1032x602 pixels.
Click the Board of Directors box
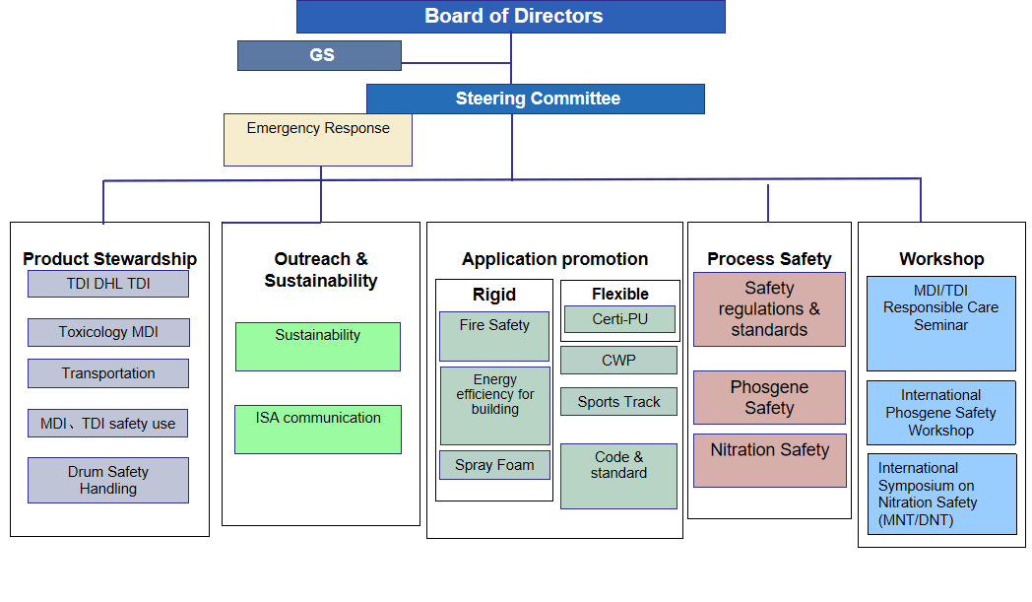pyautogui.click(x=511, y=17)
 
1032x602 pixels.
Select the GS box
pyautogui.click(x=319, y=55)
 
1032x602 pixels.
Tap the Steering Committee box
pyautogui.click(x=535, y=99)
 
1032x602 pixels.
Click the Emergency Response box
pyautogui.click(x=318, y=140)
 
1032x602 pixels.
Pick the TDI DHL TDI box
pyautogui.click(x=108, y=284)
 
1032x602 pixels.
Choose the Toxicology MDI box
pyautogui.click(x=108, y=333)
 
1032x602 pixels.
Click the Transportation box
pyautogui.click(x=108, y=373)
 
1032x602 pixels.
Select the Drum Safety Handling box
pyautogui.click(x=108, y=480)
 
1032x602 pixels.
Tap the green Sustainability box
pyautogui.click(x=318, y=347)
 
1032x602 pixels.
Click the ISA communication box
pyautogui.click(x=318, y=430)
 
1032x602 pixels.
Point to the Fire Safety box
pyautogui.click(x=494, y=336)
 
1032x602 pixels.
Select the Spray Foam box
pyautogui.click(x=494, y=465)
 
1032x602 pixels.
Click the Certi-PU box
pyautogui.click(x=620, y=319)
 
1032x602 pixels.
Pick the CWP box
pyautogui.click(x=618, y=361)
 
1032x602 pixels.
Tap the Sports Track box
pyautogui.click(x=618, y=402)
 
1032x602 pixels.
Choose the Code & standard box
pyautogui.click(x=618, y=476)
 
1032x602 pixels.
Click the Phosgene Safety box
pyautogui.click(x=769, y=398)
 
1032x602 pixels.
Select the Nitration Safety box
pyautogui.click(x=770, y=460)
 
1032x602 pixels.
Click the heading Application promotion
pyautogui.click(x=554, y=259)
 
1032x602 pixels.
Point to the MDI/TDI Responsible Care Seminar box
pyautogui.click(x=941, y=323)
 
